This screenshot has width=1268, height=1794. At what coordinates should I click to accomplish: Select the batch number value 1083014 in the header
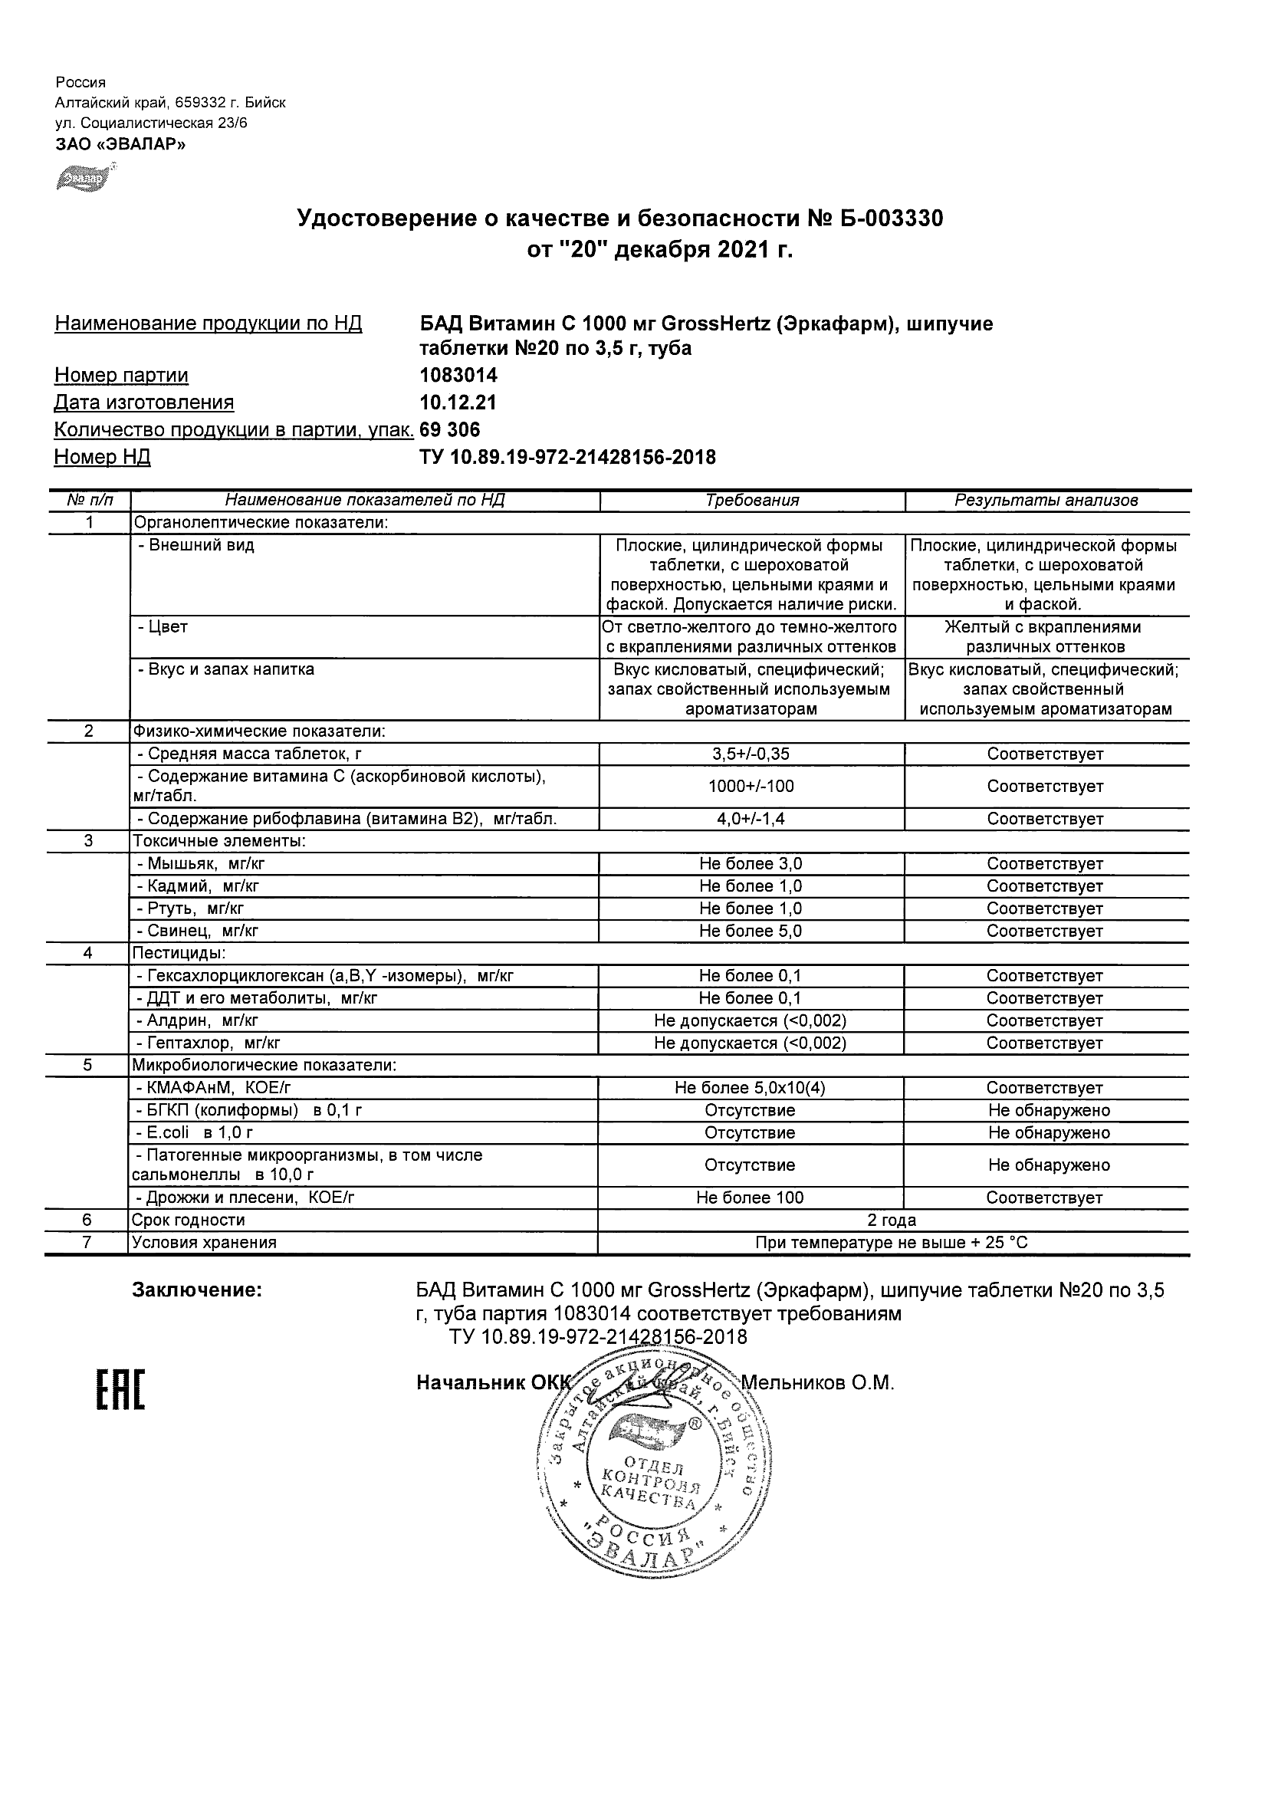coord(458,375)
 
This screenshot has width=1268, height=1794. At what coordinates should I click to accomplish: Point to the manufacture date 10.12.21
coord(458,402)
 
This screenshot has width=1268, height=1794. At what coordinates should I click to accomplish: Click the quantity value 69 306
coord(450,430)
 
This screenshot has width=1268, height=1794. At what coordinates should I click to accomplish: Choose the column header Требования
coord(751,501)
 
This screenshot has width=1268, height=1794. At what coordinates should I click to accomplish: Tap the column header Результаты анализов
coord(1046,501)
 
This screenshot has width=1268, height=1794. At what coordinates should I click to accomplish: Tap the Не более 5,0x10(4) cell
coord(751,1088)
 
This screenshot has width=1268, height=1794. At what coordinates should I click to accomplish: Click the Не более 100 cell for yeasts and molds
coord(751,1198)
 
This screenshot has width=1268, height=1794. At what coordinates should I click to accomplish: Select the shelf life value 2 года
coord(892,1221)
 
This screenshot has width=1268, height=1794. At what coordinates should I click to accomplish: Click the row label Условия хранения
coord(204,1242)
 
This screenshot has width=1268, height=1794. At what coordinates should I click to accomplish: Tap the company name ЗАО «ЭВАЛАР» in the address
coord(120,144)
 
